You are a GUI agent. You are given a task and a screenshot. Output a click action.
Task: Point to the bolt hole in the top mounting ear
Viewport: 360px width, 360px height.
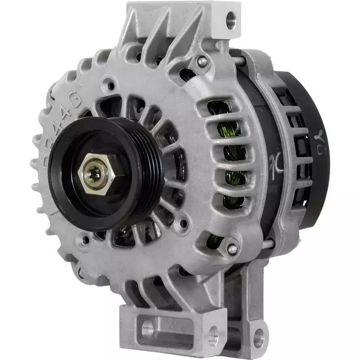click(x=231, y=22)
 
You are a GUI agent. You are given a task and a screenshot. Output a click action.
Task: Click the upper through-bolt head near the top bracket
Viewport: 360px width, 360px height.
click(x=202, y=61)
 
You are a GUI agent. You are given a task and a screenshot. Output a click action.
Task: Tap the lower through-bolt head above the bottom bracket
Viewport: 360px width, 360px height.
click(x=232, y=248)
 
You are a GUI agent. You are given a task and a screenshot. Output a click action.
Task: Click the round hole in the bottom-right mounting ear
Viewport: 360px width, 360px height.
click(x=258, y=339)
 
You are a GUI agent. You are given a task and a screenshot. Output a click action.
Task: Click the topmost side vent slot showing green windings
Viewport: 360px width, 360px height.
click(x=218, y=108)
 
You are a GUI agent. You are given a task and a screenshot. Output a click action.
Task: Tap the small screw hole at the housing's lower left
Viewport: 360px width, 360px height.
click(x=85, y=244)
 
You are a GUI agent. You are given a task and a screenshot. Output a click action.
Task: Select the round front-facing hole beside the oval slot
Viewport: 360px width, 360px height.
click(x=212, y=338)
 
